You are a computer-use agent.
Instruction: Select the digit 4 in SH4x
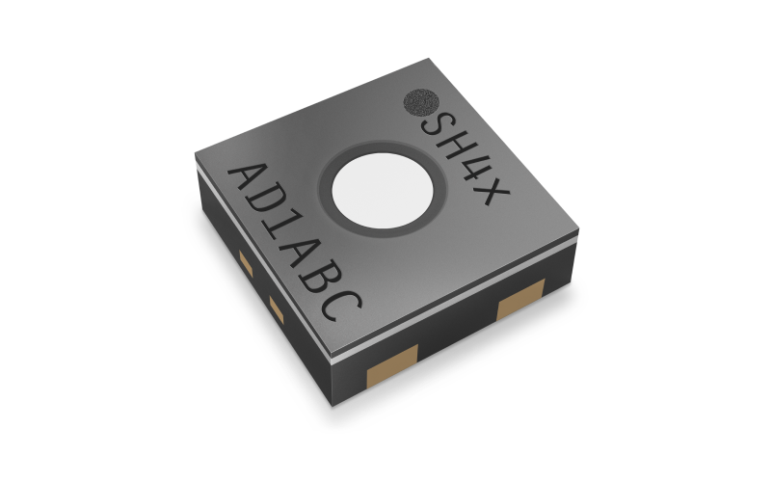tap(472, 172)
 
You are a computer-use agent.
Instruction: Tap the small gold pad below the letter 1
tap(275, 308)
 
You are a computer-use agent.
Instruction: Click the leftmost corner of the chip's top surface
tap(194, 160)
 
